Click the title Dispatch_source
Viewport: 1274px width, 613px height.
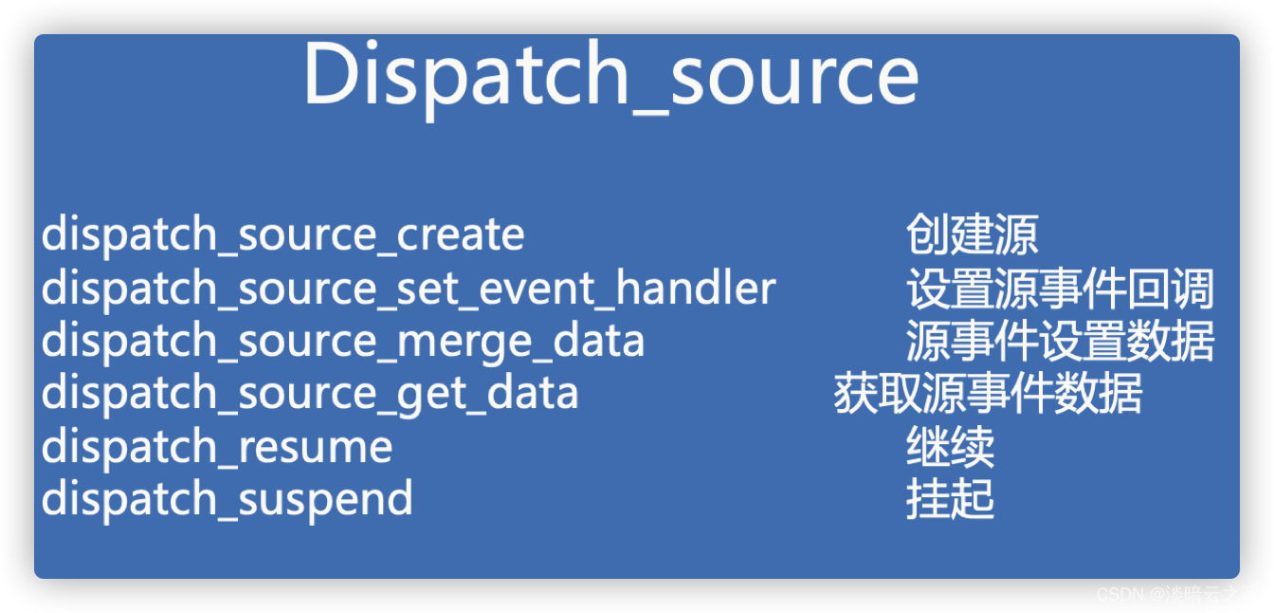(610, 76)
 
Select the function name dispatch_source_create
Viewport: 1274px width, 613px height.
(282, 234)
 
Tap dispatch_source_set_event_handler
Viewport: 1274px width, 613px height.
(409, 288)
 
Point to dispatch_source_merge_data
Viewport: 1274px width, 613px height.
(343, 341)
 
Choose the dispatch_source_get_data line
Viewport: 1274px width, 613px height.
(310, 393)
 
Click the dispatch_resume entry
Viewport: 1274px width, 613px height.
(217, 446)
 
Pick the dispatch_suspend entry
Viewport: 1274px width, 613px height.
(227, 498)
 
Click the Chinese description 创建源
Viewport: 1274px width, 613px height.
(972, 234)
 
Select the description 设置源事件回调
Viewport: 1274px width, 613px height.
(1060, 288)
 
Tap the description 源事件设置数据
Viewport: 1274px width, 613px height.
(1060, 342)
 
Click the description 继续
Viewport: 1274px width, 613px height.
(950, 447)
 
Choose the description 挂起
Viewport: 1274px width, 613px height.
(950, 499)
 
